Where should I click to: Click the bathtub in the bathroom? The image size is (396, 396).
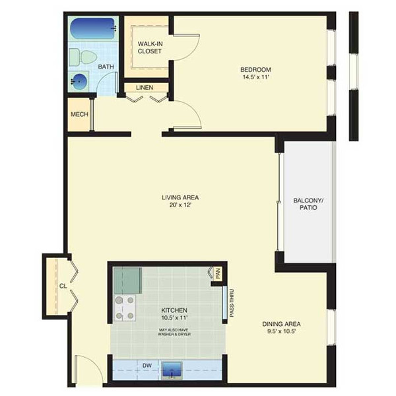tap(93, 28)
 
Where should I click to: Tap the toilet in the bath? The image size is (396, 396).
tap(83, 57)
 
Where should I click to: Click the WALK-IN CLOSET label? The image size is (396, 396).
tap(150, 48)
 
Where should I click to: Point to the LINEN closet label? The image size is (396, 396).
tap(145, 87)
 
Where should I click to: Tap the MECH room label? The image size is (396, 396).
tap(79, 114)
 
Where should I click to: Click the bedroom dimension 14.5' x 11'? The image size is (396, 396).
tap(255, 77)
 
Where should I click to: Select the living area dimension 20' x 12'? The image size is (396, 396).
tap(180, 205)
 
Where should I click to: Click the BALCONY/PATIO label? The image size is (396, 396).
tap(308, 204)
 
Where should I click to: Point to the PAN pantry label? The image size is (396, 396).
tap(218, 273)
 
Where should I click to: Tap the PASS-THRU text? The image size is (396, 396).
tap(232, 303)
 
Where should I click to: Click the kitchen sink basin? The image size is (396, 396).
tap(172, 370)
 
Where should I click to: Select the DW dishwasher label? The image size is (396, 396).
tap(147, 366)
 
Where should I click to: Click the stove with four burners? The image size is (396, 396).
tap(125, 308)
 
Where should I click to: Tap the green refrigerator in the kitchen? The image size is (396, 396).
tap(127, 280)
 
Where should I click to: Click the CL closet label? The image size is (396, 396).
tap(63, 286)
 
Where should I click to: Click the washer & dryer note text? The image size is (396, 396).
tap(174, 332)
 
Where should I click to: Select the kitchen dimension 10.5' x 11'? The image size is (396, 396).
tap(174, 317)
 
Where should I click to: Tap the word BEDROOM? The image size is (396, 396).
tap(255, 69)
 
